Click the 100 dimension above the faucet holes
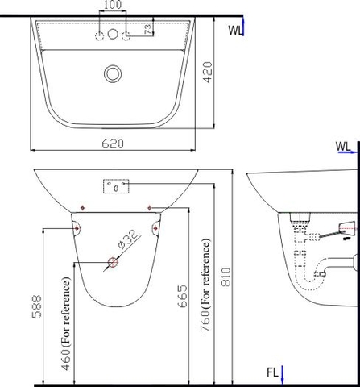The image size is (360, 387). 112,5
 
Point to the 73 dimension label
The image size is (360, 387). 147,29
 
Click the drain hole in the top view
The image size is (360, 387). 112,73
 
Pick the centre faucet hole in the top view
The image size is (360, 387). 112,36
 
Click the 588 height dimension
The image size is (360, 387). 36,304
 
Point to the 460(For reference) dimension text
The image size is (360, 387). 65,322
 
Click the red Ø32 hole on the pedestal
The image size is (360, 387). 113,262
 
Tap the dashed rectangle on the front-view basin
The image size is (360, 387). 118,187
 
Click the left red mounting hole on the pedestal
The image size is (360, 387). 77,228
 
